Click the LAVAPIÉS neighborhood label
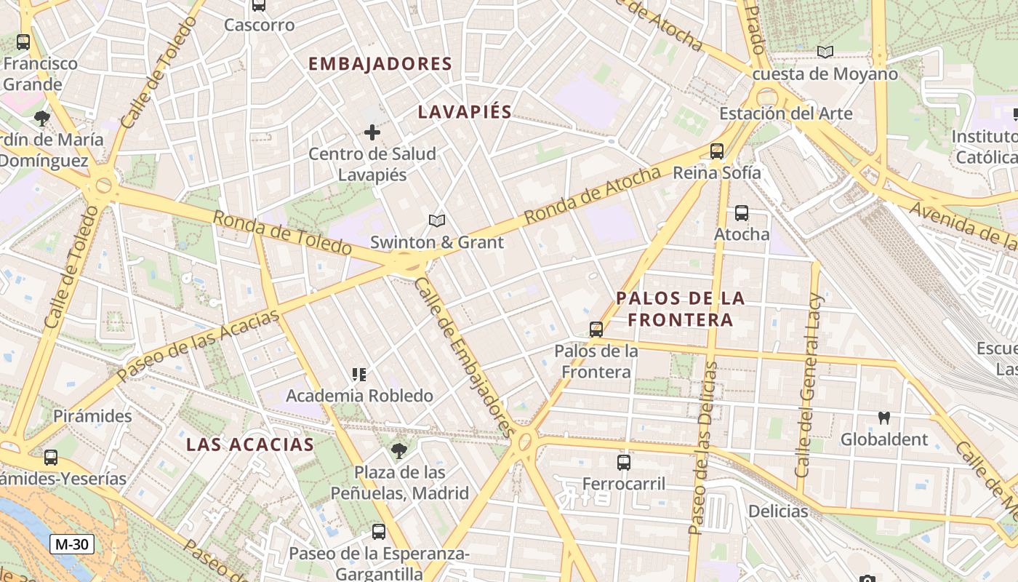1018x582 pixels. (x=465, y=112)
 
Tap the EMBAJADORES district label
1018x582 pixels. (x=380, y=64)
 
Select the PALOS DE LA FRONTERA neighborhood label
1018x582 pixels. (x=681, y=309)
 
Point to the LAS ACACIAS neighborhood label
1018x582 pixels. (x=250, y=445)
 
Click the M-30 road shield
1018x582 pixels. (x=73, y=544)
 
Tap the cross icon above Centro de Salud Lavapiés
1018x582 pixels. (x=372, y=132)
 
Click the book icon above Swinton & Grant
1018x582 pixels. (x=436, y=220)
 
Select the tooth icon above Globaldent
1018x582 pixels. (x=884, y=418)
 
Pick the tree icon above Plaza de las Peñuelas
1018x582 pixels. (x=399, y=451)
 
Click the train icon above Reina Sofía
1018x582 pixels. (x=717, y=151)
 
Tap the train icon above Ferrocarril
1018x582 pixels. (x=624, y=463)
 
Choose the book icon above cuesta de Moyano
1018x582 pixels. (x=825, y=52)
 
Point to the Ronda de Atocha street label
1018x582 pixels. (x=593, y=195)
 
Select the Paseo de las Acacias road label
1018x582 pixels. (x=198, y=345)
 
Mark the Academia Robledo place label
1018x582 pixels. (x=359, y=396)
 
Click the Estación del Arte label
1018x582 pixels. (x=786, y=113)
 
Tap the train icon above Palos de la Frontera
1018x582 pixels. (x=596, y=330)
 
